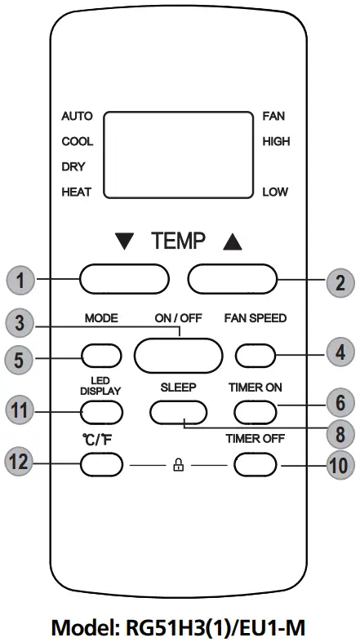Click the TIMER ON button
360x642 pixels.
tap(256, 410)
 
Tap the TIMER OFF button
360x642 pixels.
tap(256, 464)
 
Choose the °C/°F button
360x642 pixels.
tap(101, 464)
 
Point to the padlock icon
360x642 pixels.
tap(177, 464)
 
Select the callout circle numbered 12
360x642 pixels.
tap(19, 463)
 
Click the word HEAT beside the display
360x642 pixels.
tap(77, 193)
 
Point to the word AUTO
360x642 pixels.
tap(77, 116)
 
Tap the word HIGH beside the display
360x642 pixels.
tap(276, 141)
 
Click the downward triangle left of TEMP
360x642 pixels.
tap(125, 241)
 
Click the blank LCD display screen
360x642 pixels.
tap(178, 154)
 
